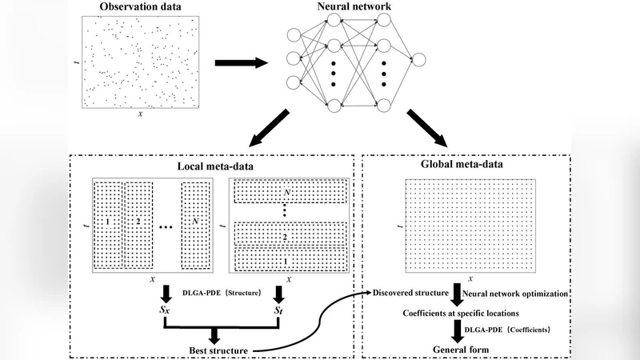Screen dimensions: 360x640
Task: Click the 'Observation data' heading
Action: (141, 9)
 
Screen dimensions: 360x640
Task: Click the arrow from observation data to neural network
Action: (242, 63)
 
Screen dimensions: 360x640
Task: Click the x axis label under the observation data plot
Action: (141, 114)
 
